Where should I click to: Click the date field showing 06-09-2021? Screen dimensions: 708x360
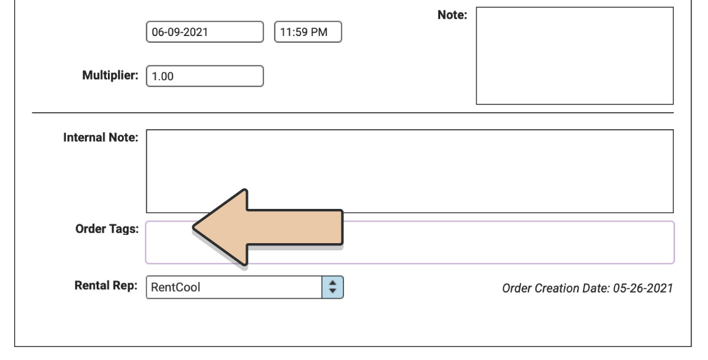point(205,32)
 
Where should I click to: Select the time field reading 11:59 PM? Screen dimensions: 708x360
point(308,32)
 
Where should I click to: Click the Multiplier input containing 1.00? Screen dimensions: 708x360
point(205,76)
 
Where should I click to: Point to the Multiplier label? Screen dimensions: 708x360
point(110,76)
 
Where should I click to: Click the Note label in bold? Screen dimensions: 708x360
point(453,15)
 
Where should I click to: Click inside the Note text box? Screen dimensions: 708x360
point(575,55)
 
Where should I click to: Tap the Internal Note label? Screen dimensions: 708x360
point(101,138)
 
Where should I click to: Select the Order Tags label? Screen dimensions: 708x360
point(107,229)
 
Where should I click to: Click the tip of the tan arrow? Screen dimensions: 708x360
point(193,227)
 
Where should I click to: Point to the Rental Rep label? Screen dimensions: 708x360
point(106,286)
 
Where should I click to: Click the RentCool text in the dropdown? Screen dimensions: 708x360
point(175,287)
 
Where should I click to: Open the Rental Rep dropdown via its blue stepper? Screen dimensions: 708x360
point(333,287)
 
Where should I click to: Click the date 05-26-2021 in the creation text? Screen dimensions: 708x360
point(643,288)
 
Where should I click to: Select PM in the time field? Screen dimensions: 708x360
point(319,32)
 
